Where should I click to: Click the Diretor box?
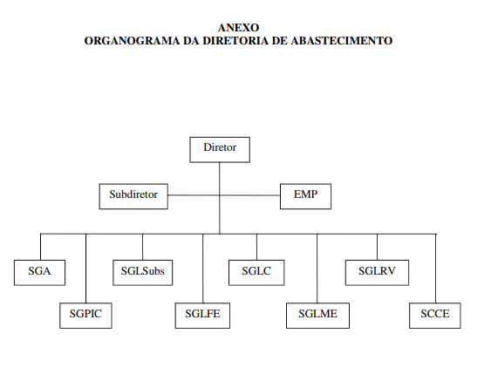(220, 150)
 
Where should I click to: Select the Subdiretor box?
(133, 196)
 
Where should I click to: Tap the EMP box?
(305, 196)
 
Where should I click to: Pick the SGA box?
(40, 273)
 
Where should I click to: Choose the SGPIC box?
(85, 316)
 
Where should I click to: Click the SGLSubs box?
(143, 273)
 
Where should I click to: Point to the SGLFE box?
(202, 316)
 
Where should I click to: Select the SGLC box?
(256, 273)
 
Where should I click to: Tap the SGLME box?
(317, 316)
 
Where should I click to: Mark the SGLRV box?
(377, 273)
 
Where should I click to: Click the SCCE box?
(435, 316)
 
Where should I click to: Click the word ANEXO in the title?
(239, 28)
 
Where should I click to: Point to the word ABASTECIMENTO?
(342, 41)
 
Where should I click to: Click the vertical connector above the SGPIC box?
(86, 269)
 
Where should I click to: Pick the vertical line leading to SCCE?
(435, 269)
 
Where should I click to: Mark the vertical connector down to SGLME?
(317, 269)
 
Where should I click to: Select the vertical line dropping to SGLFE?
(203, 269)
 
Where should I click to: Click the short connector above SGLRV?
(377, 247)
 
